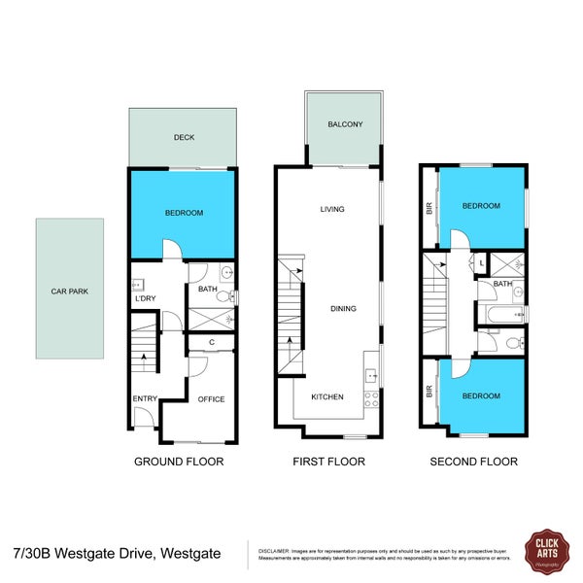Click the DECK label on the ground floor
pyautogui.click(x=184, y=138)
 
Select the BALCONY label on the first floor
pyautogui.click(x=345, y=124)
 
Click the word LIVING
pyautogui.click(x=333, y=209)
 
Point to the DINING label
pyautogui.click(x=342, y=309)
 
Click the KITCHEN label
pyautogui.click(x=326, y=397)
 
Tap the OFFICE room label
pyautogui.click(x=211, y=399)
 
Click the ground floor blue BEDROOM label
pyautogui.click(x=184, y=213)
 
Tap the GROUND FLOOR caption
pyautogui.click(x=179, y=463)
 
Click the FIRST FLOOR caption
pyautogui.click(x=328, y=463)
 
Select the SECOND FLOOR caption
pyautogui.click(x=473, y=463)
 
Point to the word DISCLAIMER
pyautogui.click(x=279, y=551)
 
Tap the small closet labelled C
pyautogui.click(x=212, y=341)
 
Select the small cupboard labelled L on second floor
pyautogui.click(x=482, y=263)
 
